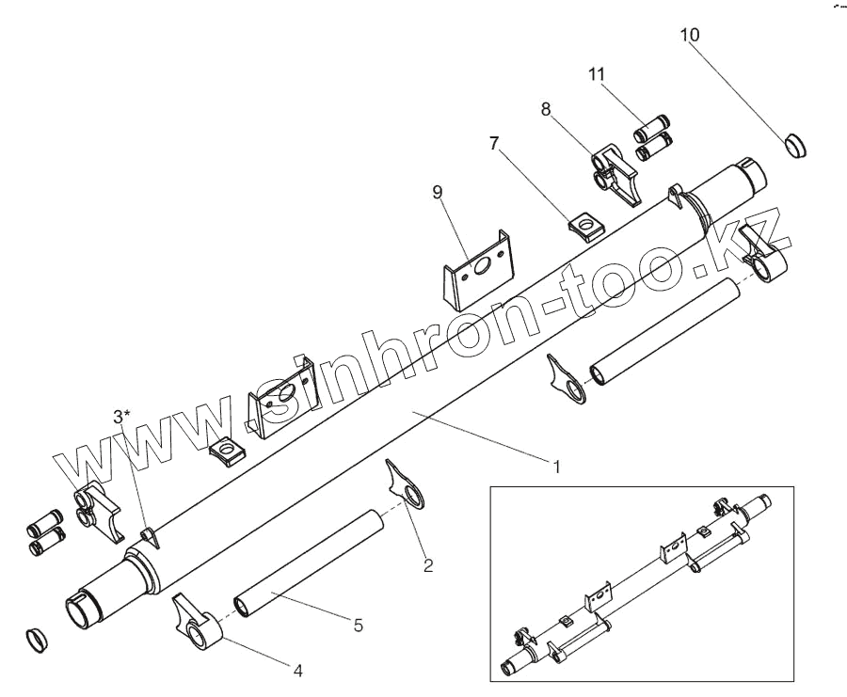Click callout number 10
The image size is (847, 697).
(x=690, y=35)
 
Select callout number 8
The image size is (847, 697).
(x=546, y=109)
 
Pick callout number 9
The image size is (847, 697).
(x=437, y=192)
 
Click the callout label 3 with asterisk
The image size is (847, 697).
(x=122, y=415)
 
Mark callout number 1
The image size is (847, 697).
(x=556, y=466)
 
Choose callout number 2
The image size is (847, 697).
(x=427, y=565)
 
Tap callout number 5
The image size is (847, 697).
(x=358, y=624)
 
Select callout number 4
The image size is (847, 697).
(x=297, y=671)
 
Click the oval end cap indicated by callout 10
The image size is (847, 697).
(x=796, y=147)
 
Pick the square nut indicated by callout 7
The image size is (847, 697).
(x=586, y=226)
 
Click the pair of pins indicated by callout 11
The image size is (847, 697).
(x=652, y=135)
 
